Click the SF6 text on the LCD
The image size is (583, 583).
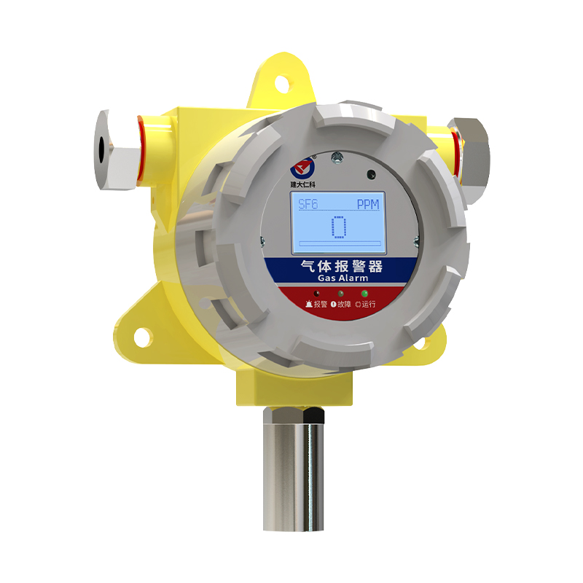[x=308, y=204]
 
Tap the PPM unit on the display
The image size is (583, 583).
[x=368, y=204]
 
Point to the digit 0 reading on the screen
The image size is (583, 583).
[x=339, y=227]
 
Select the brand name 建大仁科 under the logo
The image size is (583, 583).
[x=302, y=184]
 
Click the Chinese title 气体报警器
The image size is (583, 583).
[x=341, y=267]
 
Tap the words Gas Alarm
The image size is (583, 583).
[x=343, y=278]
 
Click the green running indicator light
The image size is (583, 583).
[x=364, y=294]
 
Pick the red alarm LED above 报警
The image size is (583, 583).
[x=316, y=294]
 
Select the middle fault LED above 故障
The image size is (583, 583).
[x=340, y=294]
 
